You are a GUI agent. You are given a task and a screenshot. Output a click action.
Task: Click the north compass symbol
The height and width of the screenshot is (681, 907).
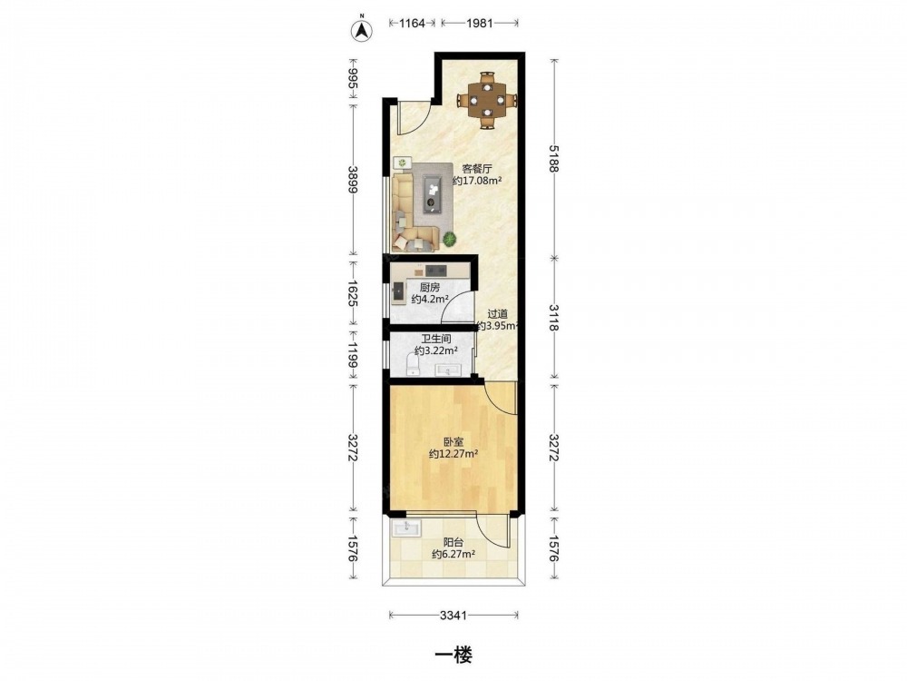pyautogui.click(x=363, y=30)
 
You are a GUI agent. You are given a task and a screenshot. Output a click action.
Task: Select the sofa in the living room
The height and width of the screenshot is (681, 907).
pyautogui.click(x=410, y=212)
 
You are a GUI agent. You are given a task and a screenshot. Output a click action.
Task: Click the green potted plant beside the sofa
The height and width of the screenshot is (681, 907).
pyautogui.click(x=449, y=238)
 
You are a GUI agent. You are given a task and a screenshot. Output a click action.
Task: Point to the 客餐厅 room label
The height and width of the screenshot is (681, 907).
pyautogui.click(x=477, y=169)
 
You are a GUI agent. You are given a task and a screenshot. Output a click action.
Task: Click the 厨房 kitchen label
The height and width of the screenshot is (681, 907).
pyautogui.click(x=430, y=287)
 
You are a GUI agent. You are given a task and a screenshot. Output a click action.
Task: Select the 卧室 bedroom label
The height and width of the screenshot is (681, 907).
pyautogui.click(x=453, y=442)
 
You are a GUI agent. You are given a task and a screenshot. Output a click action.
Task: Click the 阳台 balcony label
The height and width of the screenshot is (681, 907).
pyautogui.click(x=453, y=543)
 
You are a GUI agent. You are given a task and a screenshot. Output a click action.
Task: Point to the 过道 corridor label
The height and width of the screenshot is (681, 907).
pyautogui.click(x=497, y=314)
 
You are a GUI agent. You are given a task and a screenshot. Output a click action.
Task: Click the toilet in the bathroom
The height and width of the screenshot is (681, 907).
pyautogui.click(x=413, y=365)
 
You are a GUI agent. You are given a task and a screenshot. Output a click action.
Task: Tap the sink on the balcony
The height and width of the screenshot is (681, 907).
pyautogui.click(x=407, y=528)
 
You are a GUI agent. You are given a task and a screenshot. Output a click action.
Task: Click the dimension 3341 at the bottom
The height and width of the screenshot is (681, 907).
pyautogui.click(x=453, y=616)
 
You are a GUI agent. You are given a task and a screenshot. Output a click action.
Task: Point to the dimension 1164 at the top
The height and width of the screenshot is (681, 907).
pyautogui.click(x=413, y=24)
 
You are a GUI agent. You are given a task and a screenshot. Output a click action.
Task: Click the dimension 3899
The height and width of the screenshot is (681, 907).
pyautogui.click(x=352, y=180)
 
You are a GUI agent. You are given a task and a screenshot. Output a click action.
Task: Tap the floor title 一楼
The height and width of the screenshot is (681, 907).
pyautogui.click(x=453, y=655)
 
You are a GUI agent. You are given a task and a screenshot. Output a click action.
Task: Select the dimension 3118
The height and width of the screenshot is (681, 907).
pyautogui.click(x=554, y=317)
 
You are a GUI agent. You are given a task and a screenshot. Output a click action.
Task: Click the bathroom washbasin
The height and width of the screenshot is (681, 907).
pyautogui.click(x=448, y=370)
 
